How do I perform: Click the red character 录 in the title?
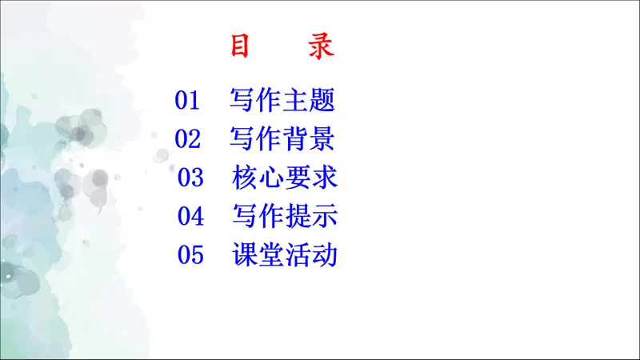pyautogui.click(x=321, y=47)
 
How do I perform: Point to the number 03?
pyautogui.click(x=191, y=177)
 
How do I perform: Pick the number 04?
pyautogui.click(x=191, y=215)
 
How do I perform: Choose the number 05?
pyautogui.click(x=191, y=254)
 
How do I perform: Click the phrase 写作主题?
pyautogui.click(x=282, y=101)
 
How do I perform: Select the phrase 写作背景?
pyautogui.click(x=282, y=138)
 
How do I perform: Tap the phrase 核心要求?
pyautogui.click(x=285, y=177)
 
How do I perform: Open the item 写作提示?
pyautogui.click(x=285, y=215)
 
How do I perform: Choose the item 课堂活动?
pyautogui.click(x=285, y=254)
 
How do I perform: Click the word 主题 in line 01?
pyautogui.click(x=308, y=101)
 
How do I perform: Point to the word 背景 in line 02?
pyautogui.click(x=308, y=138)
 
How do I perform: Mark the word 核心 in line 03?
pyautogui.click(x=258, y=177)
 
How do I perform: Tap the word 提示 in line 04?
pyautogui.click(x=311, y=215)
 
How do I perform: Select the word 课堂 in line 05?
pyautogui.click(x=258, y=254)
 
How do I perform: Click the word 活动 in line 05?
pyautogui.click(x=311, y=254)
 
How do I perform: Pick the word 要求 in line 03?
pyautogui.click(x=311, y=177)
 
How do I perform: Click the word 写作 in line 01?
pyautogui.click(x=255, y=101)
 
